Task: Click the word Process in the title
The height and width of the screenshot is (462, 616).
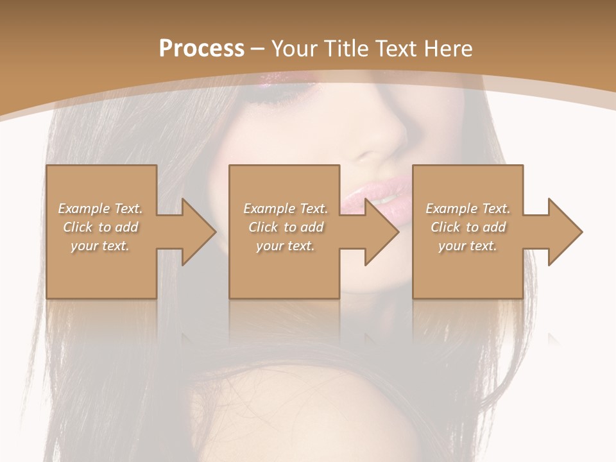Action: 201,49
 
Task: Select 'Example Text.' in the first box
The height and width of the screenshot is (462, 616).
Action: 100,209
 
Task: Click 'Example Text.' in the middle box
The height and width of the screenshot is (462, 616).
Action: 286,209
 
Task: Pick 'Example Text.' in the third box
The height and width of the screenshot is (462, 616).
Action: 468,209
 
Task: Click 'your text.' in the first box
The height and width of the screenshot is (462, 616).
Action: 100,246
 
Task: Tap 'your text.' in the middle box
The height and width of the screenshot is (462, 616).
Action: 286,246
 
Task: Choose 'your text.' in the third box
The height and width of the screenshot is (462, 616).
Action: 468,246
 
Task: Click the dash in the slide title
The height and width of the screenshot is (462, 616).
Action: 258,49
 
